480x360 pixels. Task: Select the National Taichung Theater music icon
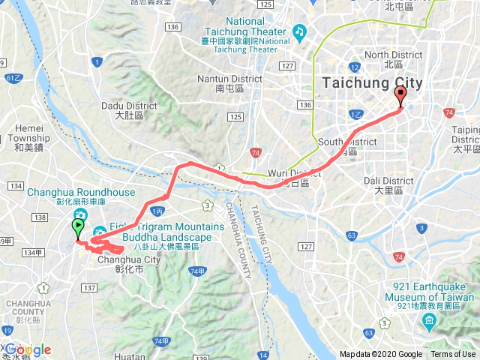300,31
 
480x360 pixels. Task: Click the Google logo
27,349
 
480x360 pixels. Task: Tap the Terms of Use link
452,355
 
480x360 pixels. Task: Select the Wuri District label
299,173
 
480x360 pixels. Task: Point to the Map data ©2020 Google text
381,355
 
